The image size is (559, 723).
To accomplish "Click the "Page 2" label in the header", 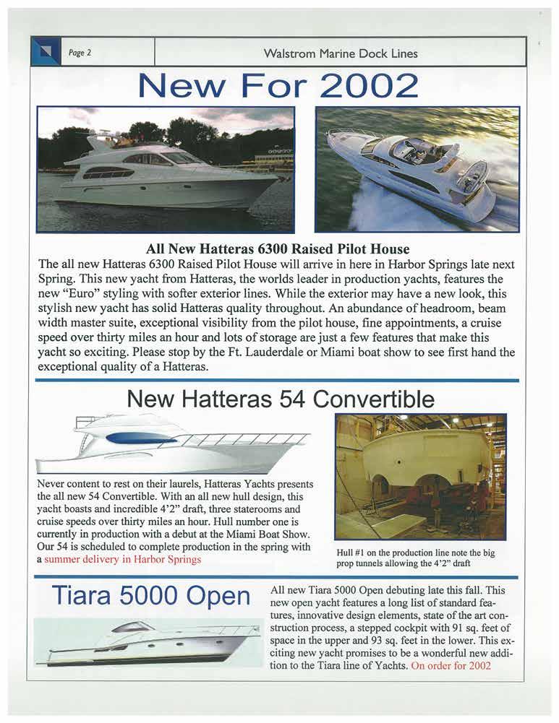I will pos(80,52).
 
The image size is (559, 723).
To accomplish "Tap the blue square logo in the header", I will pos(46,52).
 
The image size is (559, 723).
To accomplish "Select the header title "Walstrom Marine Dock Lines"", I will pos(341,53).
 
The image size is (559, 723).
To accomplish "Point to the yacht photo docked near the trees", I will pos(166,169).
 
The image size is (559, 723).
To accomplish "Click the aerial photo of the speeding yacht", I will pos(417,169).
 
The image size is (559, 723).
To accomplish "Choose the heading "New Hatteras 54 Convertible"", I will pos(281,399).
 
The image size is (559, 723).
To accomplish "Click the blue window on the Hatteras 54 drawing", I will pos(140,438).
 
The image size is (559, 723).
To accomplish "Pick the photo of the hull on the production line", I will pos(420,477).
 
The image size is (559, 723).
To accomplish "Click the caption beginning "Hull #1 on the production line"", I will pos(415,558).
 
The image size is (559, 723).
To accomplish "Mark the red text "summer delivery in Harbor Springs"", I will pos(122,560).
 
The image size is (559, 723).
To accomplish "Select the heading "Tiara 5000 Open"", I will pos(150,597).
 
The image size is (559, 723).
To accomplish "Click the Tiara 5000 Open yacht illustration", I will pos(148,642).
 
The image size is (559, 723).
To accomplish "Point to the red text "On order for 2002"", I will pos(456,665).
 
